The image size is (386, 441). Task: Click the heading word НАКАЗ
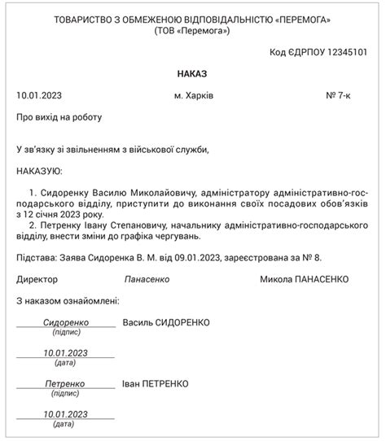[192, 74]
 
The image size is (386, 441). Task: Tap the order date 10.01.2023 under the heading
[38, 96]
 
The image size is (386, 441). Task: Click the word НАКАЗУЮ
[39, 172]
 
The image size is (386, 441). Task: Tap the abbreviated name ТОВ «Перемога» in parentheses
[192, 31]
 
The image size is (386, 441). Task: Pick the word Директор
[37, 279]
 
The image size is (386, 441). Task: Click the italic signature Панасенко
[147, 279]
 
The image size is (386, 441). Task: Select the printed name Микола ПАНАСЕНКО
[304, 279]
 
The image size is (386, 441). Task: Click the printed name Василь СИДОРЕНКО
[165, 323]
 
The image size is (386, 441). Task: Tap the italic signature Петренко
[64, 383]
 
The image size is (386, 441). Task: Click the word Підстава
[36, 258]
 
